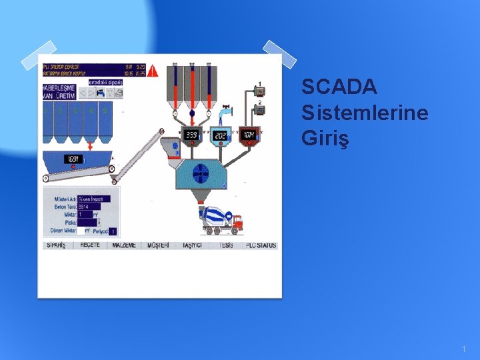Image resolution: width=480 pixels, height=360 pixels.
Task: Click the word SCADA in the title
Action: click(x=339, y=87)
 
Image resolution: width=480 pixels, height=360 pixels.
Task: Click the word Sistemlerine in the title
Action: click(x=365, y=113)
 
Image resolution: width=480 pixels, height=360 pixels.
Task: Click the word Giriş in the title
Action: click(x=325, y=139)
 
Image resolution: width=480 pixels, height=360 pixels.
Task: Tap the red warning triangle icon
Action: click(x=153, y=69)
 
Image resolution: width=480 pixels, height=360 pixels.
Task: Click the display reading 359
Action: click(x=192, y=135)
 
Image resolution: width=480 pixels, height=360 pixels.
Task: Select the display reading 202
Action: click(x=221, y=135)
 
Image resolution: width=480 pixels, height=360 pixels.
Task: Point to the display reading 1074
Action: click(x=249, y=135)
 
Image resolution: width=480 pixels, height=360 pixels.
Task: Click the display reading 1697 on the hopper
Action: click(x=73, y=159)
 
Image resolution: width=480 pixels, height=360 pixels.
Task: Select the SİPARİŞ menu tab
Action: click(x=56, y=245)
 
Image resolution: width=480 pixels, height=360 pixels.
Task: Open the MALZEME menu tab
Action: click(x=123, y=245)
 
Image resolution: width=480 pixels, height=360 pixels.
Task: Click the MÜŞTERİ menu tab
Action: click(x=158, y=245)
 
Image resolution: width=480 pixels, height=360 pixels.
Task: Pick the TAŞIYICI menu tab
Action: click(x=192, y=245)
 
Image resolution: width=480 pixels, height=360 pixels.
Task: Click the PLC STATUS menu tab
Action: click(x=261, y=245)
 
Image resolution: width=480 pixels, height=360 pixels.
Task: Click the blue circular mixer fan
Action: click(x=201, y=175)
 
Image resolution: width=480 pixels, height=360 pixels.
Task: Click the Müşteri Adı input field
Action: click(x=98, y=199)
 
